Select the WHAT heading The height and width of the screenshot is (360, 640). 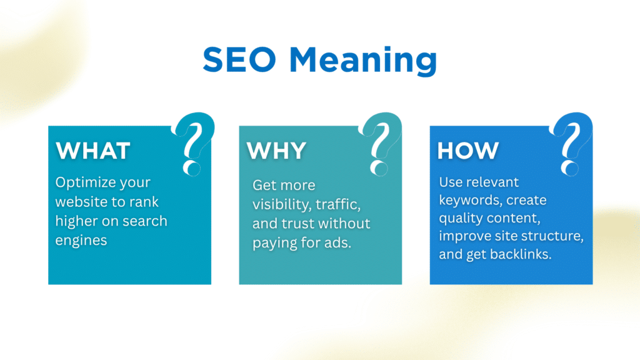[92, 151]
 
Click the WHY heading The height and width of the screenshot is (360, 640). [276, 151]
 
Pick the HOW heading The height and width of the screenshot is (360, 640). [467, 151]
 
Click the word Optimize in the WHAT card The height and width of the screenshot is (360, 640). [86, 183]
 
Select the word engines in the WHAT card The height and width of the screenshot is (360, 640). [81, 241]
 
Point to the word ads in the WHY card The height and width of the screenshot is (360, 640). [337, 242]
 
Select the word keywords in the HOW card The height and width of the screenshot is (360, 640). [467, 201]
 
